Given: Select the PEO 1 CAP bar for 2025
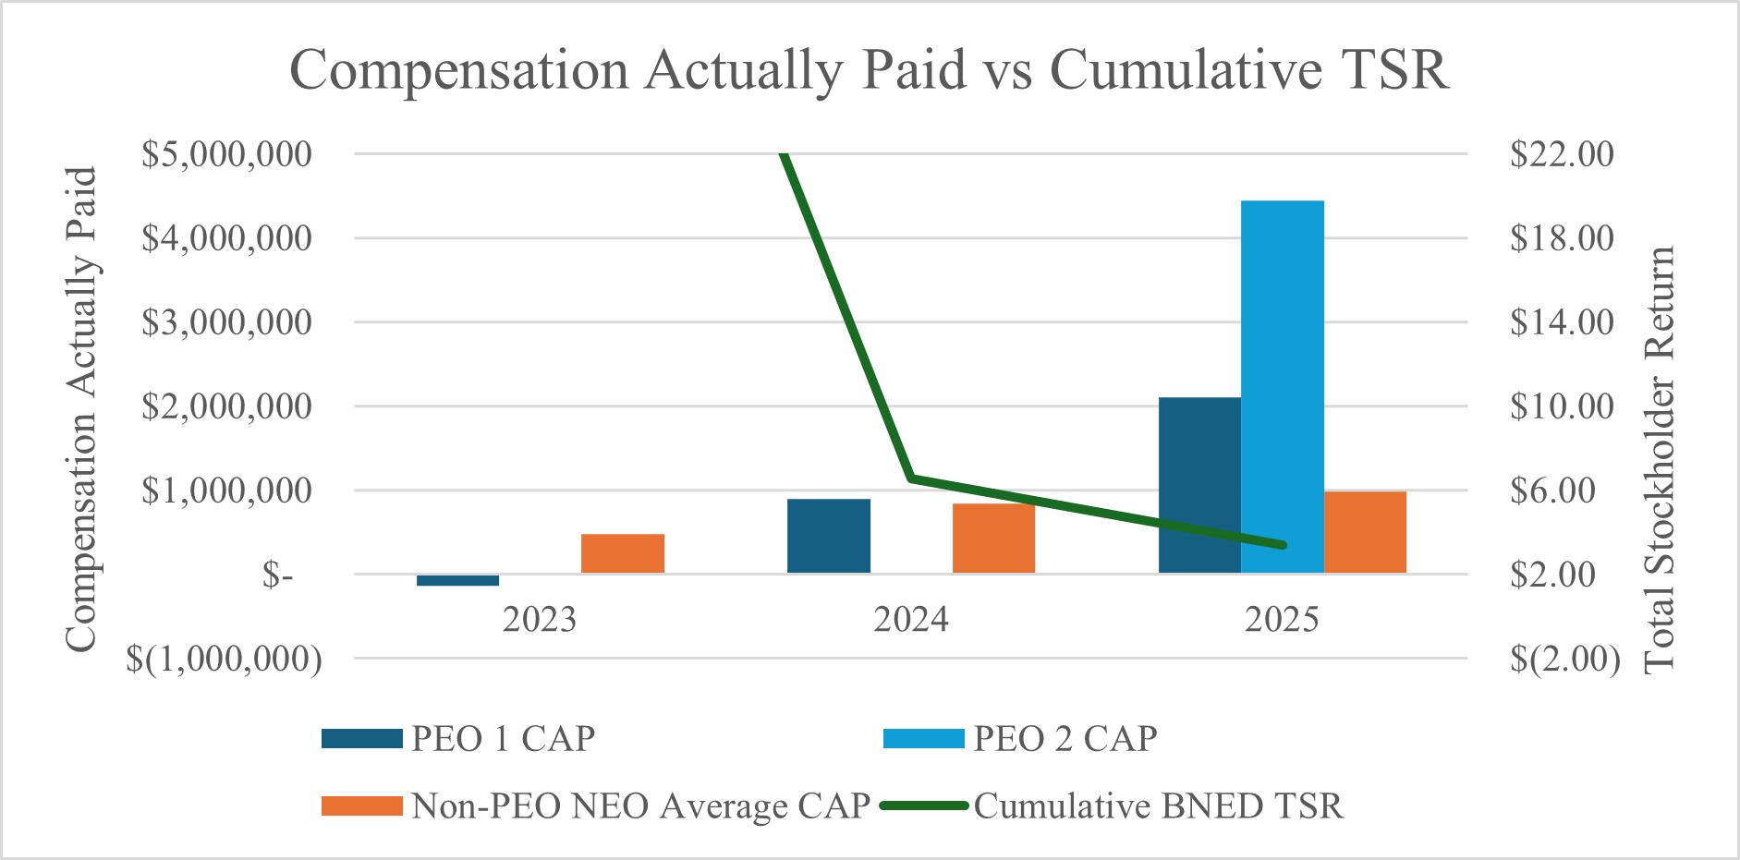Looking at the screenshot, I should point(1199,485).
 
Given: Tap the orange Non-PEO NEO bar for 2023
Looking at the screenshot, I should point(623,553).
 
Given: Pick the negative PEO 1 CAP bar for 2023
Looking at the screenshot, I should point(457,580).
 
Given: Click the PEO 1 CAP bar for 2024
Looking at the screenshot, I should point(829,536).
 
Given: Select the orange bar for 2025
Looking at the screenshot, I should point(1365,532).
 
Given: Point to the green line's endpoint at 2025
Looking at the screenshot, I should point(1283,545).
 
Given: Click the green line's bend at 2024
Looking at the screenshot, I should point(911,478).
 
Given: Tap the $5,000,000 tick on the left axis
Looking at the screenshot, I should point(226,153).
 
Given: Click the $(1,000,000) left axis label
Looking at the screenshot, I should point(225,659).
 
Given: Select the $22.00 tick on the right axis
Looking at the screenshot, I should point(1562,153).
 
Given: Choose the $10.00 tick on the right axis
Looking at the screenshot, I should point(1562,406).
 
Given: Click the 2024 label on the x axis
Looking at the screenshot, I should point(911,619).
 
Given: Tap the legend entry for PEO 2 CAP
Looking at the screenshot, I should point(1064,739).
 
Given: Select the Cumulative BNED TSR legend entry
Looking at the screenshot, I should point(1157,805).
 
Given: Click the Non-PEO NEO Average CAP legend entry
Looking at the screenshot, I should point(639,805).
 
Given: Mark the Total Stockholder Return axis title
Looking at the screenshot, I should point(1661,459).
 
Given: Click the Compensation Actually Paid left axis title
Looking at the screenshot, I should point(81,409).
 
